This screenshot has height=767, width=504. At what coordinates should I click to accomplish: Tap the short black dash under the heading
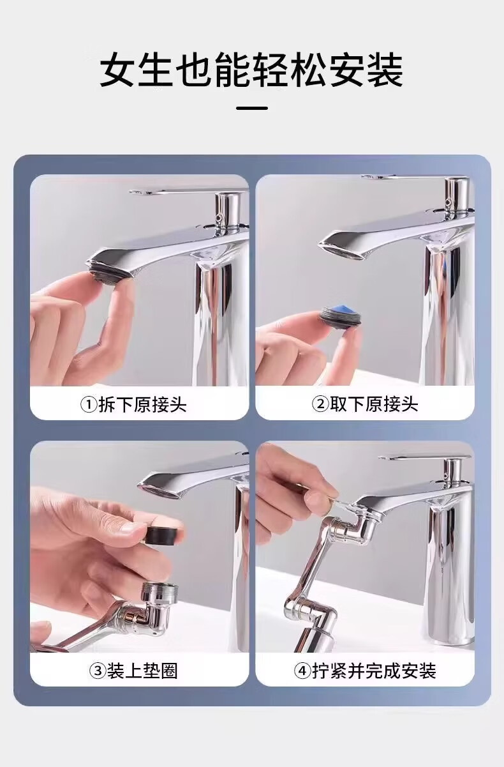coord(252,108)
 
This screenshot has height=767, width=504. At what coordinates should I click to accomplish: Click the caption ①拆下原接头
coord(133,405)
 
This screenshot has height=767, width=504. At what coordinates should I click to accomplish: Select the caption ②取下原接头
coord(365,404)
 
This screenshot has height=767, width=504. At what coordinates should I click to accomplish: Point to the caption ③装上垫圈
coord(133,671)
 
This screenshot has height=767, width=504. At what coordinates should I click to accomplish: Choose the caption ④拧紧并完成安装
coord(365,671)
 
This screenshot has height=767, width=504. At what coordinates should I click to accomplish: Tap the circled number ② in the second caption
coord(320,405)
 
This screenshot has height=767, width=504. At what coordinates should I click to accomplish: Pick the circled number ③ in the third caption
coord(98,671)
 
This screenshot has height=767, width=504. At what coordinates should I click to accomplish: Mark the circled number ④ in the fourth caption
coord(302,671)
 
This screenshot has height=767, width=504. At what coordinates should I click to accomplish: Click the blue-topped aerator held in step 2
coord(338,316)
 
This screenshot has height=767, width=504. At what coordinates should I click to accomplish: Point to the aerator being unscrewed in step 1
coord(108,273)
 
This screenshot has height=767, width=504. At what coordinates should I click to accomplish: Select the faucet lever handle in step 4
coord(429,457)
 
